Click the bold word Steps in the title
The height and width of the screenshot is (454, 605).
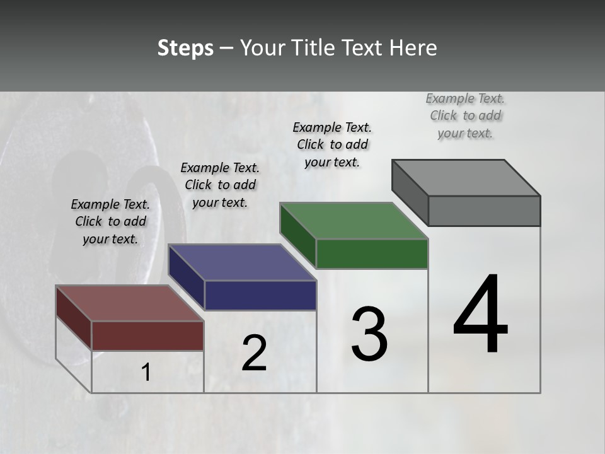tap(185, 48)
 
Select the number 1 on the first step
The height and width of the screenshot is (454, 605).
tap(146, 373)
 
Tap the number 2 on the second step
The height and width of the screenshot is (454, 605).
tap(254, 353)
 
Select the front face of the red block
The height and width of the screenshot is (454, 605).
tap(147, 335)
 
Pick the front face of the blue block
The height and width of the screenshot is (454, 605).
tap(260, 295)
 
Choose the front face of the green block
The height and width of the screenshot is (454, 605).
tap(372, 253)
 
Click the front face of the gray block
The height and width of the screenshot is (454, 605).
tap(484, 211)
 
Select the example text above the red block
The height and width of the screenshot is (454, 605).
tap(110, 221)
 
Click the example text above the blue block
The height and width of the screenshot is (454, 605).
tap(220, 185)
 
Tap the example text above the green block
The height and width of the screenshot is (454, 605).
tap(332, 144)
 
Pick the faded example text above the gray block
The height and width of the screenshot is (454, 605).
tap(465, 115)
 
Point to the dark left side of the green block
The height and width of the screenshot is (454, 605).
tap(297, 235)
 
